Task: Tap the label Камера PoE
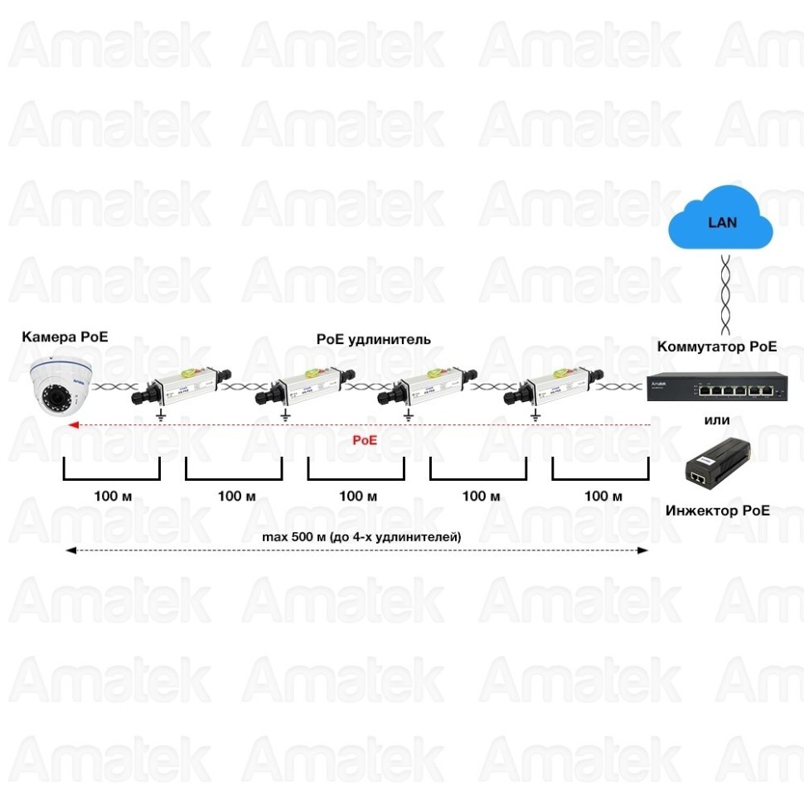[x=65, y=337]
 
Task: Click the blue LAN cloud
[x=722, y=221]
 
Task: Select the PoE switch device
[x=716, y=388]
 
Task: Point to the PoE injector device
[x=718, y=464]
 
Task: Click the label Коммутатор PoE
[x=717, y=346]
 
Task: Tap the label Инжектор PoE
[x=717, y=510]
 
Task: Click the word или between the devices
[x=717, y=420]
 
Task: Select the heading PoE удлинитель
[x=374, y=339]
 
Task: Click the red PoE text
[x=365, y=440]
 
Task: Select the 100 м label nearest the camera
[x=113, y=496]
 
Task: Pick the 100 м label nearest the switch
[x=603, y=496]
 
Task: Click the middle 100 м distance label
[x=358, y=496]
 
